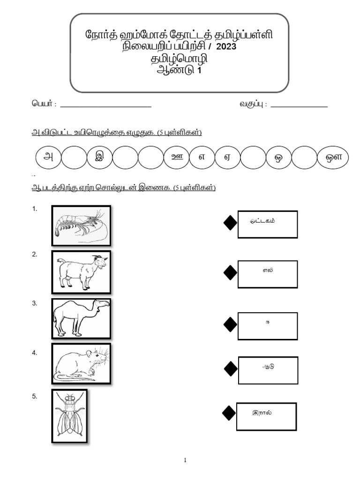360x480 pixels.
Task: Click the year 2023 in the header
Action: pyautogui.click(x=227, y=47)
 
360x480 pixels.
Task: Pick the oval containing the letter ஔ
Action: pyautogui.click(x=332, y=157)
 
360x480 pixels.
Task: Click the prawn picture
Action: pyautogui.click(x=81, y=225)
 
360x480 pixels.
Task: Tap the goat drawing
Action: pyautogui.click(x=81, y=272)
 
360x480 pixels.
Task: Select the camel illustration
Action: pyautogui.click(x=81, y=318)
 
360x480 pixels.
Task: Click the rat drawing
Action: pyautogui.click(x=81, y=364)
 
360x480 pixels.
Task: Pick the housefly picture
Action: pyautogui.click(x=69, y=415)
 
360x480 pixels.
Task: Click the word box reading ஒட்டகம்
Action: pyautogui.click(x=267, y=224)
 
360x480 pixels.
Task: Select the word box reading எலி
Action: pyautogui.click(x=267, y=274)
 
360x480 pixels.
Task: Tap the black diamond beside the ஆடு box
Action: pyautogui.click(x=230, y=369)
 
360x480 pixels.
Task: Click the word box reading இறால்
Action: pyautogui.click(x=266, y=416)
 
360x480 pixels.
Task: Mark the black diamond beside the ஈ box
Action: pyautogui.click(x=230, y=324)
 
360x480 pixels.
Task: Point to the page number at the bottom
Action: pyautogui.click(x=185, y=460)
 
